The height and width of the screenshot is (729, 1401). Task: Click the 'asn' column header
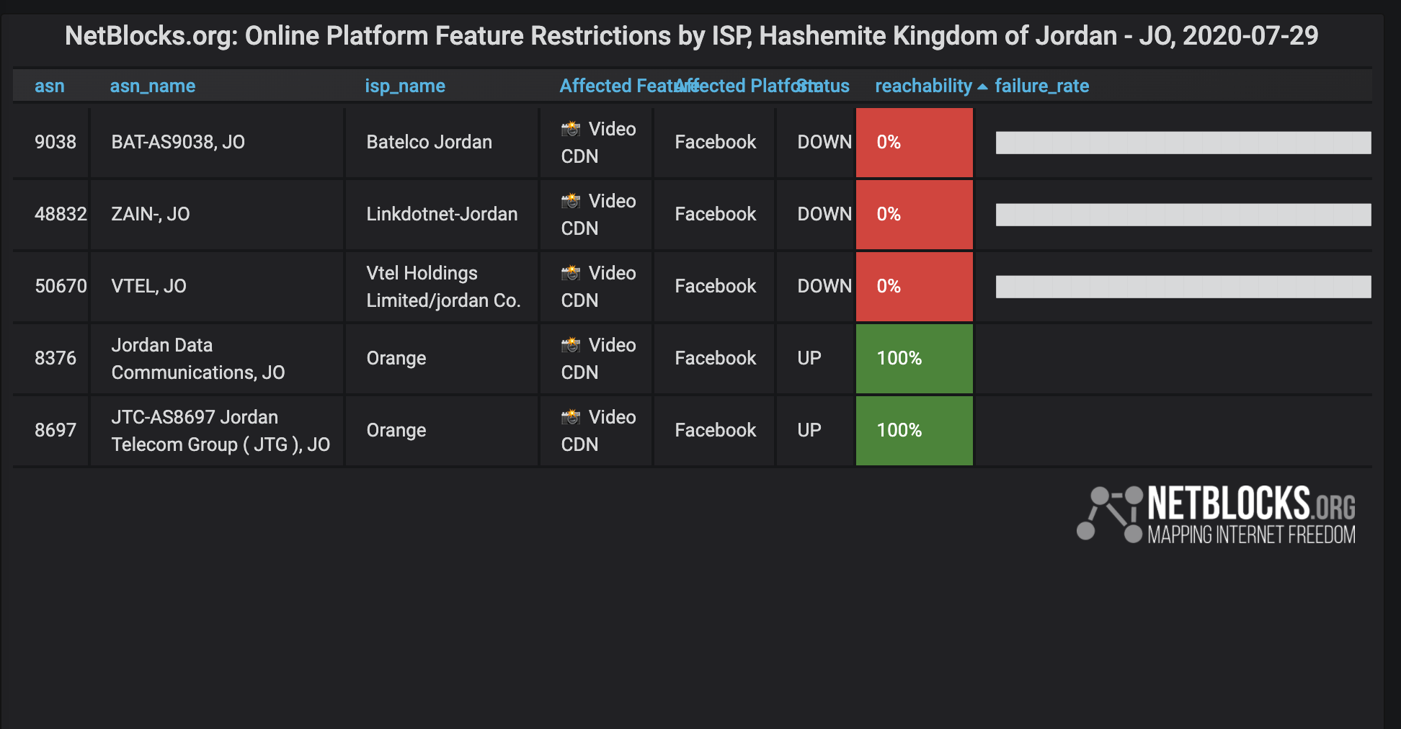coord(49,86)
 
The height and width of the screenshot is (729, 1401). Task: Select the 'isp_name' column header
coord(405,86)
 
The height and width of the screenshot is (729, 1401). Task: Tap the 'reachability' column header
coord(923,86)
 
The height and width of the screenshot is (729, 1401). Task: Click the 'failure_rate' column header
coord(1041,86)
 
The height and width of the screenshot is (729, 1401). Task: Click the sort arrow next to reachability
coord(982,86)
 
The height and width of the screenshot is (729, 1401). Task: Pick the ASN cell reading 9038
coord(55,142)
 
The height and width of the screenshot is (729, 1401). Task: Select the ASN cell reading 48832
coord(61,214)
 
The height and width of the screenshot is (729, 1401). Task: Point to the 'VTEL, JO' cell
coord(149,286)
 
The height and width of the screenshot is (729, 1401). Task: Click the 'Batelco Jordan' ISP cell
coord(429,142)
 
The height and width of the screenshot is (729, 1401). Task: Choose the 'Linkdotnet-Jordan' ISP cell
coord(442,214)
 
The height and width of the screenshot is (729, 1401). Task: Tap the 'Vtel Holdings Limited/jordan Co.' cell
coord(442,286)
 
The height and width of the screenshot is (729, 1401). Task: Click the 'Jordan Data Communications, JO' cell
coord(197,358)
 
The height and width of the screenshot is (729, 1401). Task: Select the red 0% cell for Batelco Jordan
coord(914,142)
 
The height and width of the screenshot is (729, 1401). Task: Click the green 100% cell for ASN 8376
coord(914,358)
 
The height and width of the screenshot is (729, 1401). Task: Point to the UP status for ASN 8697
coord(810,430)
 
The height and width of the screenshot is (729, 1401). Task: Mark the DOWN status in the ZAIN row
coord(824,214)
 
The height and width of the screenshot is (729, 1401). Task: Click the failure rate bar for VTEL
coord(1183,286)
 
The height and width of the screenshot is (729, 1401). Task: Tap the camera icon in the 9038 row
coord(571,129)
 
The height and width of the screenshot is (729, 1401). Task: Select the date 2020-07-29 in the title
coord(1250,36)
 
